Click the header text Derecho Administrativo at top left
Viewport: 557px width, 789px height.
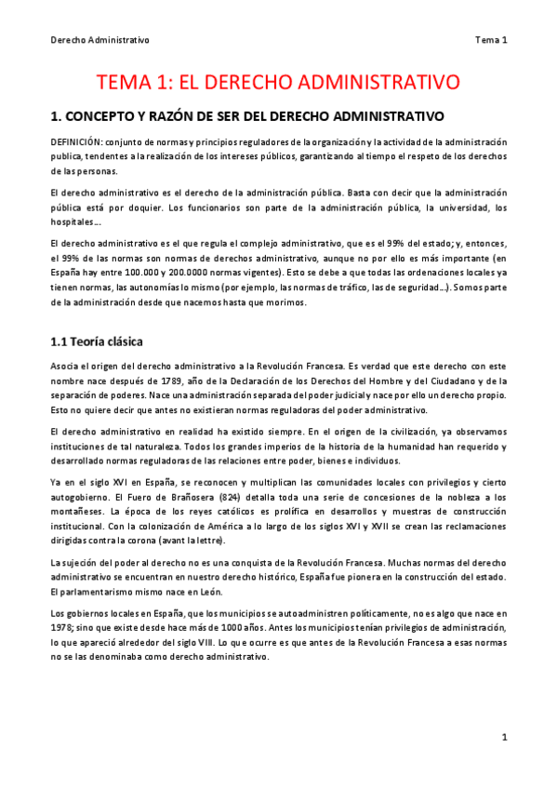[99, 40]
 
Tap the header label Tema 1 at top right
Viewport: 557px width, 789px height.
[491, 40]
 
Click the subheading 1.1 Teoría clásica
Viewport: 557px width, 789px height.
[96, 341]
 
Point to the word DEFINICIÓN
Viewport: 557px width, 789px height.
[79, 141]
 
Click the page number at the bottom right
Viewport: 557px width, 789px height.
[504, 737]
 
